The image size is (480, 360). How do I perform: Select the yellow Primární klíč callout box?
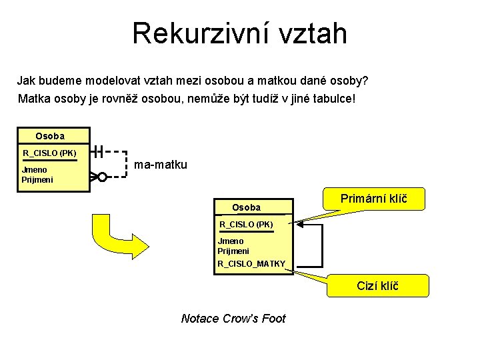coord(373,198)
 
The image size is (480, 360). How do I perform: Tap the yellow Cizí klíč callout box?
coord(377,286)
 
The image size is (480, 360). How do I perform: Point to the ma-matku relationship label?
coord(161,164)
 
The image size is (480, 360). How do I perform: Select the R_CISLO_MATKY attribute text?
coord(251,264)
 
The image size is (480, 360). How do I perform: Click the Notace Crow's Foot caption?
coord(233,319)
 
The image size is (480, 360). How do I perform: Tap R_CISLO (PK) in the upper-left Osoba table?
coord(49,153)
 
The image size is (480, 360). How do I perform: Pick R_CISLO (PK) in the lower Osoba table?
coord(246,224)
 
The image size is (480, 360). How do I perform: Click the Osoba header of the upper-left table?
coord(50,136)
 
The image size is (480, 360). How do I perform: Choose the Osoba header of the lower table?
coord(246,207)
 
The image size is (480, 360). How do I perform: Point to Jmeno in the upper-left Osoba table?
coord(35,170)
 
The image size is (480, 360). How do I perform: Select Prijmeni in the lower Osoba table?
coord(233,251)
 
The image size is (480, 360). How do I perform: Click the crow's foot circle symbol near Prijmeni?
coord(102,177)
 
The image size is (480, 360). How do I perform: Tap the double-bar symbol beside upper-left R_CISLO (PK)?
coord(98,151)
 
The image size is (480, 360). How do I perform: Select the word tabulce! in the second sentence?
coord(336,99)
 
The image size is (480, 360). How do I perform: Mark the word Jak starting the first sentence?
coord(25,81)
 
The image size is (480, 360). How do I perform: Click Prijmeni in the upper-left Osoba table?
coord(37,180)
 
